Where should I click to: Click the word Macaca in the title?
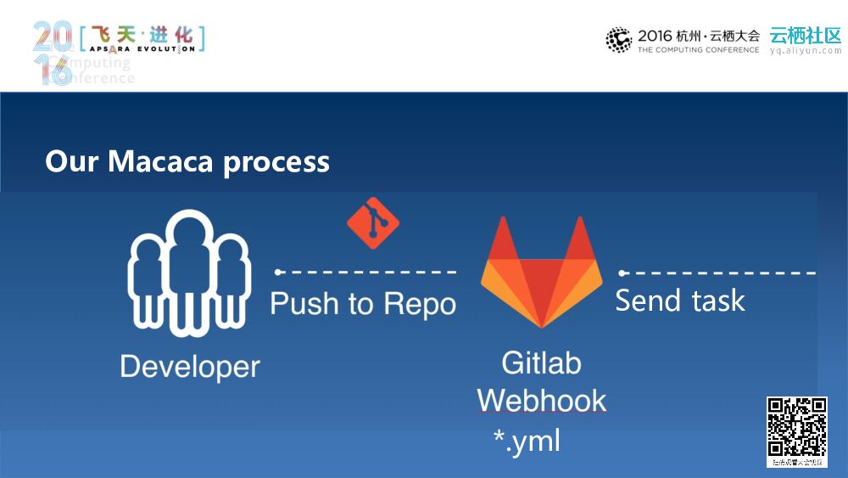point(161,161)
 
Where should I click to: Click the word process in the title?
point(276,162)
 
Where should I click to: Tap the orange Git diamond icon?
point(373,222)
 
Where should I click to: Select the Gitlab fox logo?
point(541,273)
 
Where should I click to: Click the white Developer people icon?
point(189,272)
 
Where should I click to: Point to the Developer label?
point(190,367)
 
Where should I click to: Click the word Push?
point(304,303)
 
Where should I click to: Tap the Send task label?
point(679,301)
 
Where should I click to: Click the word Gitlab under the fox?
point(541,363)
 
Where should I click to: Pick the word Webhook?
point(541,400)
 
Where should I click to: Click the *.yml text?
point(527,441)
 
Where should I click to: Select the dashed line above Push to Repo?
point(366,273)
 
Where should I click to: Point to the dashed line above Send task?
point(717,273)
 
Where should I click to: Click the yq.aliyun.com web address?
point(806,51)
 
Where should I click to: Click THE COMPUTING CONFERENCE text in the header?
point(698,50)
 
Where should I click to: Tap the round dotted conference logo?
point(619,39)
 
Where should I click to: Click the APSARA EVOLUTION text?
point(142,49)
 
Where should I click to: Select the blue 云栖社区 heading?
point(806,36)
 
